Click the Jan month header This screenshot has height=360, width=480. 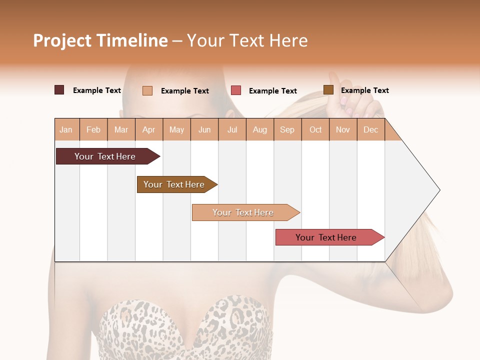[66, 129]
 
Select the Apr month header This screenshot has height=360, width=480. [149, 129]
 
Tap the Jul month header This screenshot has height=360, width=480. [232, 129]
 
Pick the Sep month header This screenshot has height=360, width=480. [287, 129]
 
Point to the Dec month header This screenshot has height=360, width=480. [370, 129]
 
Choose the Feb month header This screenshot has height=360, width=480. [93, 129]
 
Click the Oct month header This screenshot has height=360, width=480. [315, 129]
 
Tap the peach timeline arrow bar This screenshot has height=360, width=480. [244, 212]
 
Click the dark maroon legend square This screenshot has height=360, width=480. [59, 90]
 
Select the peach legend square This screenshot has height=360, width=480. [147, 90]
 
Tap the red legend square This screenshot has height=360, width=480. [236, 90]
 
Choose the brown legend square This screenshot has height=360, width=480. [328, 90]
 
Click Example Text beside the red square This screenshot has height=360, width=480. [273, 91]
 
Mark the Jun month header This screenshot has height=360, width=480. [204, 129]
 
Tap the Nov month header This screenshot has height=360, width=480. [343, 129]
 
